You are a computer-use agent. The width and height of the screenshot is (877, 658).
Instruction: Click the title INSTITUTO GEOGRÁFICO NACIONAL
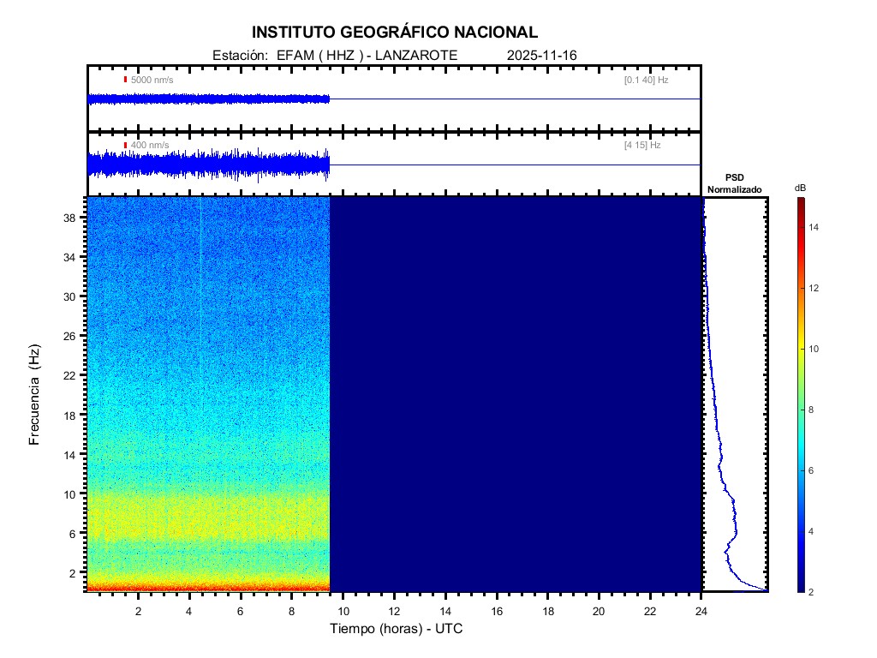(x=395, y=33)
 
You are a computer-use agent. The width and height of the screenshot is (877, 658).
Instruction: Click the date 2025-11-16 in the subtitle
(x=542, y=56)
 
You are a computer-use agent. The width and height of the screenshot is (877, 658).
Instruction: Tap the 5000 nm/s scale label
(x=152, y=80)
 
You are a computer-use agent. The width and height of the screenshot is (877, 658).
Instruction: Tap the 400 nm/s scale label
(x=150, y=146)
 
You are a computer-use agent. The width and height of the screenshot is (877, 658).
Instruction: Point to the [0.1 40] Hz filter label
(x=646, y=80)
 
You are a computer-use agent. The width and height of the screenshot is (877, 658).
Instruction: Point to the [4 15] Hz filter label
(x=642, y=146)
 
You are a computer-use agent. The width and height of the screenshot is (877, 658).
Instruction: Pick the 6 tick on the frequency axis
(x=77, y=533)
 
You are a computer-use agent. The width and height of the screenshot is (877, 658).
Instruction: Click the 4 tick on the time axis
(x=189, y=610)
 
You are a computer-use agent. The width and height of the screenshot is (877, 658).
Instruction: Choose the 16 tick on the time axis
(x=497, y=610)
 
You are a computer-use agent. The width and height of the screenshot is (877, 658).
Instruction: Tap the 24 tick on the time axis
(x=701, y=610)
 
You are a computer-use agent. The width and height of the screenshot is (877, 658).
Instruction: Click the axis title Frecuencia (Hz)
(x=35, y=394)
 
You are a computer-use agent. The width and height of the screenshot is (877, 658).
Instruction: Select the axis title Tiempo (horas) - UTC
(x=397, y=629)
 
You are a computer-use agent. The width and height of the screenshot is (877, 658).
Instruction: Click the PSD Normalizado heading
(x=735, y=183)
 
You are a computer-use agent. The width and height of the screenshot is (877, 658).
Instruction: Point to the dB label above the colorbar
(x=800, y=187)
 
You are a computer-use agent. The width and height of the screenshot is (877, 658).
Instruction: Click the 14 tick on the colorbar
(x=815, y=227)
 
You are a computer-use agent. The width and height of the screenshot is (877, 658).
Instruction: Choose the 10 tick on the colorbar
(x=815, y=349)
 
